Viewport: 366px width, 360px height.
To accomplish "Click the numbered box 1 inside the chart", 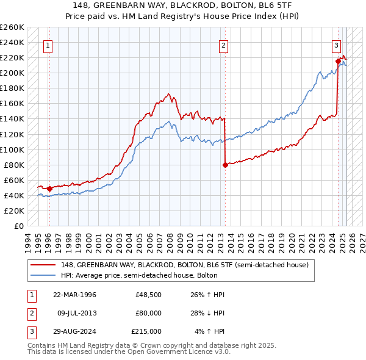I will pos(48,45).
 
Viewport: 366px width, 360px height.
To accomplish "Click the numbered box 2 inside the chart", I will pos(224,45).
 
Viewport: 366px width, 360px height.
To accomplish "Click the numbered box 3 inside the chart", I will pos(336,45).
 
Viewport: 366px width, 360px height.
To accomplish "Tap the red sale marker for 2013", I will pos(225,165).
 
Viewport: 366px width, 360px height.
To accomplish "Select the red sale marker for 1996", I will pos(49,189).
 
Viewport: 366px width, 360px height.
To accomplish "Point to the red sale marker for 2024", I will pos(338,61).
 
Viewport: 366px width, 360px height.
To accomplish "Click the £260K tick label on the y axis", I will pos(12,27).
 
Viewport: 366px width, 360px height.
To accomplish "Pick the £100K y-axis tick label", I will pos(12,149).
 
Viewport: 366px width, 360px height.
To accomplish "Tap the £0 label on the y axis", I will pos(18,226).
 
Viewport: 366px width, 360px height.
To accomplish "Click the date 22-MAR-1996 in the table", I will pos(74,295).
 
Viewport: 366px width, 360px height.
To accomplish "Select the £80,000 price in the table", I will pos(149,313).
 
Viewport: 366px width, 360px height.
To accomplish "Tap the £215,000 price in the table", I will pos(147,331).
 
